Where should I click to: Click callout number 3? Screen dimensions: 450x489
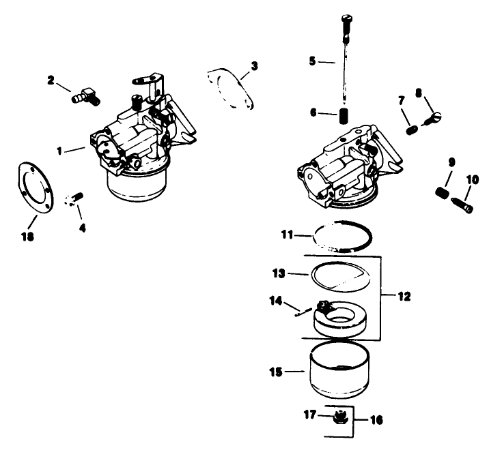(x=253, y=66)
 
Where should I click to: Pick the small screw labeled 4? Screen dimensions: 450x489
(x=74, y=198)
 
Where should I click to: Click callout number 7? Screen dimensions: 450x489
(x=402, y=102)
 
